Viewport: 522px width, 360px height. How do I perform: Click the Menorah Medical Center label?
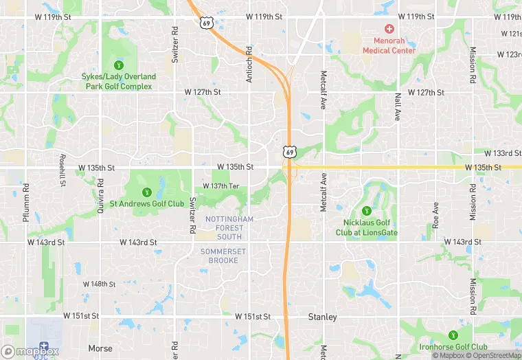[389, 45]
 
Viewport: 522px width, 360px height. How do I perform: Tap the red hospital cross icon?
[389, 29]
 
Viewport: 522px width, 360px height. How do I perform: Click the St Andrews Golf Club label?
[146, 203]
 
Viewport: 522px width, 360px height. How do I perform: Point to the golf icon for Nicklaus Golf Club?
[366, 211]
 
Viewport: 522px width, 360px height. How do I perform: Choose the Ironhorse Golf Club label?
[453, 347]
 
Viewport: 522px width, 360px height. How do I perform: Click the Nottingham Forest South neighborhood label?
[229, 228]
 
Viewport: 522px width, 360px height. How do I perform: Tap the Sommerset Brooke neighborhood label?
[223, 256]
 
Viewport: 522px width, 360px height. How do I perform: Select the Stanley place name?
[322, 317]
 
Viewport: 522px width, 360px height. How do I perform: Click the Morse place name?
[100, 348]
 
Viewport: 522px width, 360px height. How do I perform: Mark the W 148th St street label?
[99, 284]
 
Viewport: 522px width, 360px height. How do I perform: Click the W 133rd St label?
[507, 153]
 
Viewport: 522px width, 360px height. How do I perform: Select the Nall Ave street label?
[397, 106]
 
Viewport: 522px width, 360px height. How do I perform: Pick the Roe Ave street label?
[435, 216]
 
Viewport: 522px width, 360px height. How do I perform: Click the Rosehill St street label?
[63, 171]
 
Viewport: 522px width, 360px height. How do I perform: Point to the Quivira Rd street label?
[100, 196]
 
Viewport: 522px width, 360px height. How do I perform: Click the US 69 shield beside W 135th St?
[290, 151]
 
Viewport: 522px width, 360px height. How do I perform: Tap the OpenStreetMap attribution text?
[494, 355]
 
